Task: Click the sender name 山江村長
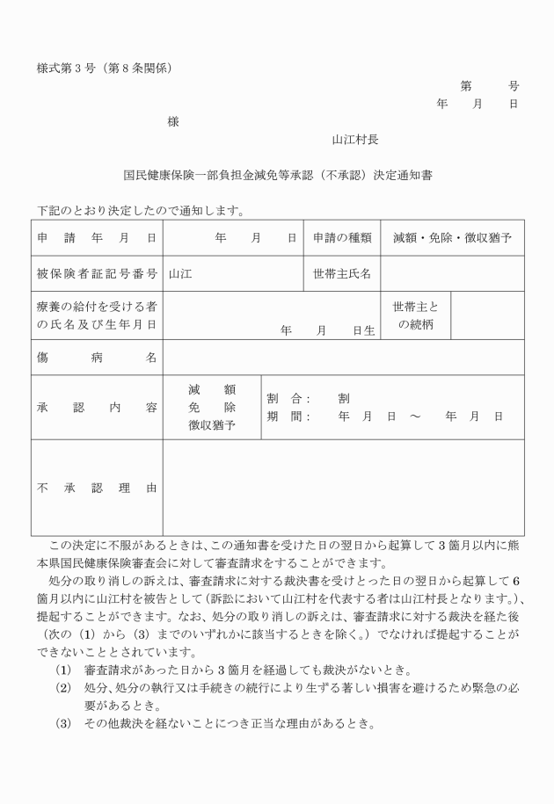(x=355, y=139)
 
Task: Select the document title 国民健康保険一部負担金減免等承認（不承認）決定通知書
(x=277, y=175)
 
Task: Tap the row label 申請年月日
(x=97, y=237)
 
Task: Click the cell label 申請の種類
(x=342, y=237)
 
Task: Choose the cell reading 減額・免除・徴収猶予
(x=452, y=237)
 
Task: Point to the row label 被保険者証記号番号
(x=97, y=273)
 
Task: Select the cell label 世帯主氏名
(x=342, y=273)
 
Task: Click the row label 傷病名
(x=97, y=358)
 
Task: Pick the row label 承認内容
(x=97, y=408)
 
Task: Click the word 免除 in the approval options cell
(x=212, y=408)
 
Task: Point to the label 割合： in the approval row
(x=288, y=398)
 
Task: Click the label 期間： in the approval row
(x=288, y=416)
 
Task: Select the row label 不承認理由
(x=97, y=487)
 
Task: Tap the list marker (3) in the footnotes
(x=63, y=725)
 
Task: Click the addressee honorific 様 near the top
(x=173, y=121)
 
